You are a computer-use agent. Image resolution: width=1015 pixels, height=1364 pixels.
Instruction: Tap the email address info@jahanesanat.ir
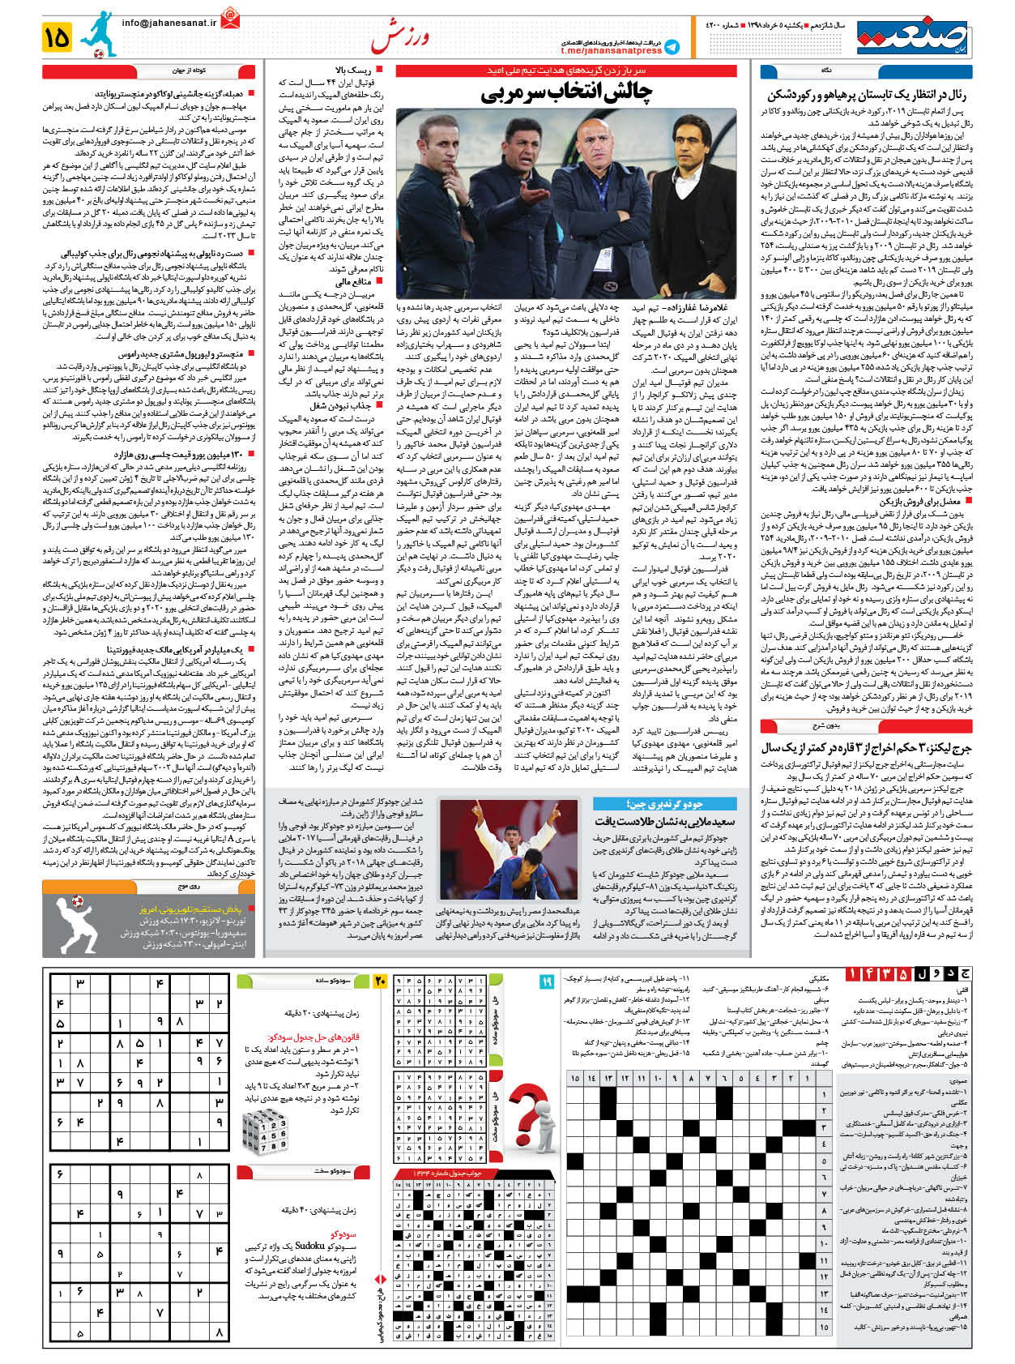tap(169, 23)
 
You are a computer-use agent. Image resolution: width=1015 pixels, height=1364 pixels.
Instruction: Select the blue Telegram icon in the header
tap(672, 47)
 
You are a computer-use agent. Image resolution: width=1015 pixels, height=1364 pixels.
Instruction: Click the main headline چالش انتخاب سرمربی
tap(565, 94)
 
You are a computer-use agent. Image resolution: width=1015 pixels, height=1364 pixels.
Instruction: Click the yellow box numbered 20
tap(381, 981)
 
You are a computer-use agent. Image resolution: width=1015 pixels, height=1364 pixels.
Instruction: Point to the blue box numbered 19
tap(547, 981)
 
